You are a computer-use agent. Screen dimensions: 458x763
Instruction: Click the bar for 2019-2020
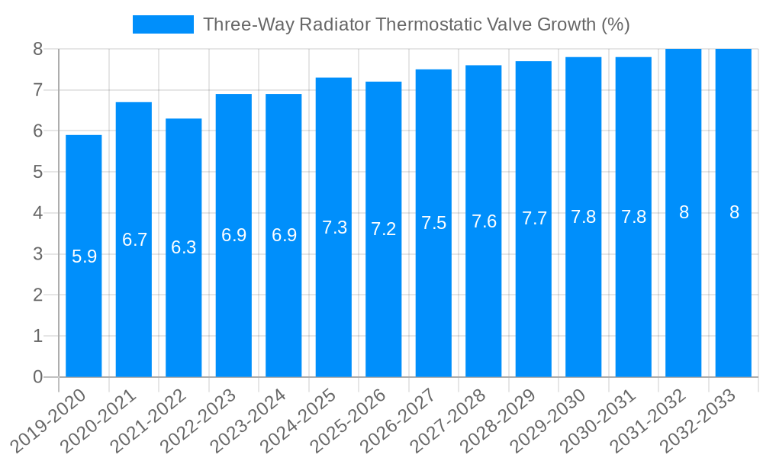84,256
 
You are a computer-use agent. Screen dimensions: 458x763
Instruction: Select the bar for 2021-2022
184,247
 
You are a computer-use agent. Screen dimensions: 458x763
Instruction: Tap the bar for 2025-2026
384,229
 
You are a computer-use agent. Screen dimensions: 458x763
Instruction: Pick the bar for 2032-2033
733,213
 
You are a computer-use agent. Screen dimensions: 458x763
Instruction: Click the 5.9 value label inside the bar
84,256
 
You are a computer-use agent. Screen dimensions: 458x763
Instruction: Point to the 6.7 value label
134,240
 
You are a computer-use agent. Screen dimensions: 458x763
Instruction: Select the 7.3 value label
334,227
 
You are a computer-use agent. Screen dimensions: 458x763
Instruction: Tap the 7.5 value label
433,223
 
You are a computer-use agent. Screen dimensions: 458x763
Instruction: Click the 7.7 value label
534,218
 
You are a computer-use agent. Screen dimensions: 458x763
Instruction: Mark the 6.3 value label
184,247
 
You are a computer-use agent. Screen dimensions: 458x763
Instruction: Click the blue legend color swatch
163,24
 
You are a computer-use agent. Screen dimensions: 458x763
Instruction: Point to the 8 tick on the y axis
37,49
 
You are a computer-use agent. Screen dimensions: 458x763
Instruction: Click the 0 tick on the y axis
37,377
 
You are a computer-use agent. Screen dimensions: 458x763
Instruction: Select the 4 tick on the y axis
37,213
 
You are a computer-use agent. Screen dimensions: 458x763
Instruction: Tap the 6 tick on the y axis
37,131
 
